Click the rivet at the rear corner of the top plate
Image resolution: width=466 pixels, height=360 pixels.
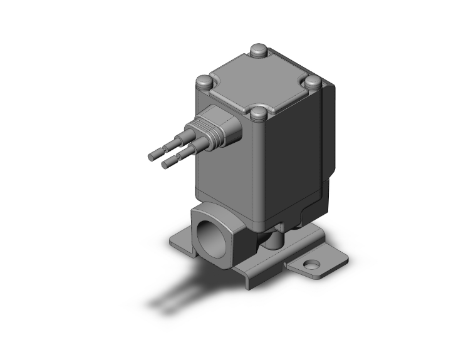coord(258,49)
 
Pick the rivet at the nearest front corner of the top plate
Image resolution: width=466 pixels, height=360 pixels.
coord(257,115)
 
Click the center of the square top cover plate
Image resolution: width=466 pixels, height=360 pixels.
coord(258,82)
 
